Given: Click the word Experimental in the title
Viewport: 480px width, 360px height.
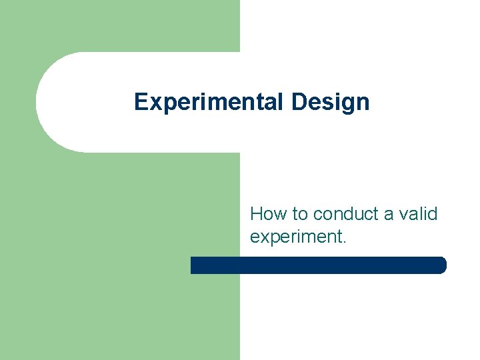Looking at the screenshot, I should (x=209, y=102).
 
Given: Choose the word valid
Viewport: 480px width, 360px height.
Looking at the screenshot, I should (x=419, y=214).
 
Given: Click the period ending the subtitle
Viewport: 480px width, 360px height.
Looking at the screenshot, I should (x=344, y=243).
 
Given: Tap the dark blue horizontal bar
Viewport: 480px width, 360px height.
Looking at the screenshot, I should (x=318, y=265).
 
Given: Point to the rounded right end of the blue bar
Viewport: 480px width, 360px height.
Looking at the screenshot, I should (x=441, y=265).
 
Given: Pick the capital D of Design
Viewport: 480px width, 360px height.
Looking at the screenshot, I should (x=299, y=102).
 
